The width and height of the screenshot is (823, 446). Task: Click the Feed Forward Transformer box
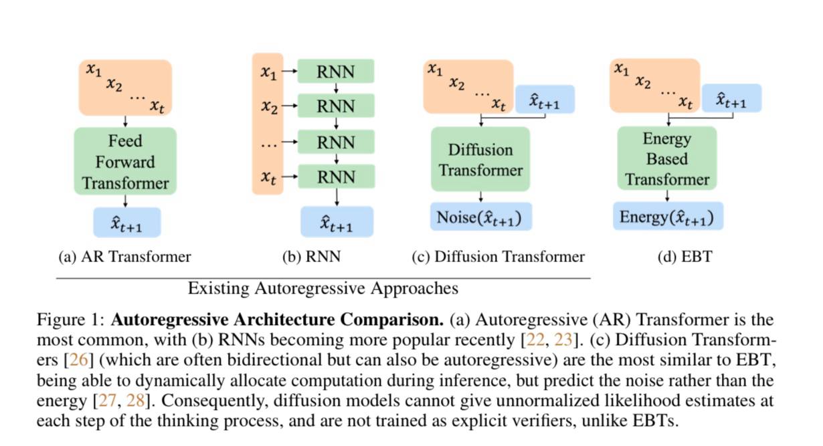(125, 161)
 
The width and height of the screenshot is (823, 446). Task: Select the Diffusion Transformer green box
(480, 159)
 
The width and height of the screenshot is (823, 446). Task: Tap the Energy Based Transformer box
(666, 159)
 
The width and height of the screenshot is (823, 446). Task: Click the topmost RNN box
(336, 71)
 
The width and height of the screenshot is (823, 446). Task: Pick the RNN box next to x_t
(336, 177)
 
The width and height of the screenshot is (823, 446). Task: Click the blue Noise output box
(480, 217)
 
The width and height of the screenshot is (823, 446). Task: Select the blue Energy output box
(666, 217)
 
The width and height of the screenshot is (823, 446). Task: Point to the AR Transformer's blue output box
(126, 223)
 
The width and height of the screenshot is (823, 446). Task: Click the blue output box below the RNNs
(336, 222)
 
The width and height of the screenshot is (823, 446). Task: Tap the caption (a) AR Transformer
(125, 257)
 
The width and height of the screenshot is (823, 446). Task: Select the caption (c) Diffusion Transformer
(498, 257)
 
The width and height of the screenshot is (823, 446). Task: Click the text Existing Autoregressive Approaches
(323, 288)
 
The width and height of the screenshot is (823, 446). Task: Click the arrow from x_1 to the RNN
(290, 71)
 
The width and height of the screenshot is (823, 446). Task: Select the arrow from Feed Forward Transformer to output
(126, 201)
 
